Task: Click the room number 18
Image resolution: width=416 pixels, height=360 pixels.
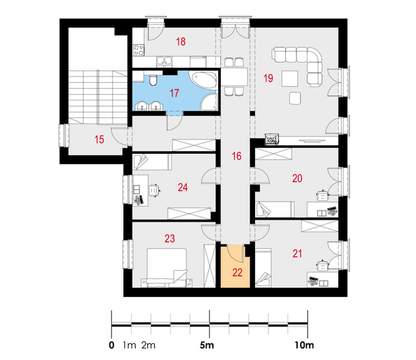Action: click(181, 42)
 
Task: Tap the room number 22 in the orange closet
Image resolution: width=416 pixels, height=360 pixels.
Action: click(237, 273)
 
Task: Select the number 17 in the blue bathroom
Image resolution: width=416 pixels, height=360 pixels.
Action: click(174, 93)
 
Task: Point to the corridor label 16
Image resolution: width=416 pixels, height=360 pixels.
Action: click(236, 156)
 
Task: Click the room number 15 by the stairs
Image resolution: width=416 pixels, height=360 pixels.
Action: click(99, 140)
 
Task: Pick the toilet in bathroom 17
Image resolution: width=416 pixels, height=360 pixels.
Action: click(153, 80)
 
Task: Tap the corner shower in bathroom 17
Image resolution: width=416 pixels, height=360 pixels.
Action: click(209, 102)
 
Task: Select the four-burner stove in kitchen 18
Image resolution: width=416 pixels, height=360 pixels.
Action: click(138, 50)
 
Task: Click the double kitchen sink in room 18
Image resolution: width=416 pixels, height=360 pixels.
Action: click(164, 61)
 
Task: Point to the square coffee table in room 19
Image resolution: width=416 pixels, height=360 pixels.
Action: click(289, 79)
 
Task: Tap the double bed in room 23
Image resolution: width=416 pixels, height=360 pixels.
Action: click(167, 267)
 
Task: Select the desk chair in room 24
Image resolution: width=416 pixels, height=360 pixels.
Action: click(154, 190)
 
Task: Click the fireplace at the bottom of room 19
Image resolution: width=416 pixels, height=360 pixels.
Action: click(272, 139)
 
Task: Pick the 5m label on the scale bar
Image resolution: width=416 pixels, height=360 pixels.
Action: click(207, 345)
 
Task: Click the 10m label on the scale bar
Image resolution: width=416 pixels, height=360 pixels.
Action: click(304, 345)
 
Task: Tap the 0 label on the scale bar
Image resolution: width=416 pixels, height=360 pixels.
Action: click(111, 345)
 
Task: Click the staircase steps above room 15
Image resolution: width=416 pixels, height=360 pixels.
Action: click(98, 97)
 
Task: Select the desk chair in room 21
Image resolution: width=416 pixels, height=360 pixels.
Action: click(322, 265)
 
